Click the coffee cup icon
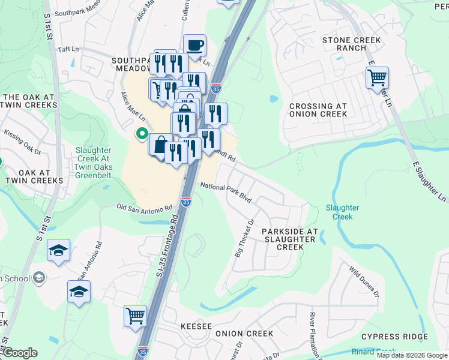tap(194, 45)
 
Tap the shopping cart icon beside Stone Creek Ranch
tap(377, 77)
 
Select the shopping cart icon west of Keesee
tap(136, 315)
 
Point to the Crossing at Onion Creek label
tap(318, 110)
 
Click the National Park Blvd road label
tap(226, 192)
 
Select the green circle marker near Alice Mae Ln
tap(142, 134)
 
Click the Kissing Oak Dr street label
tap(21, 140)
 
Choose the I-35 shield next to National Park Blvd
tap(187, 201)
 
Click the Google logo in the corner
tap(19, 353)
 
